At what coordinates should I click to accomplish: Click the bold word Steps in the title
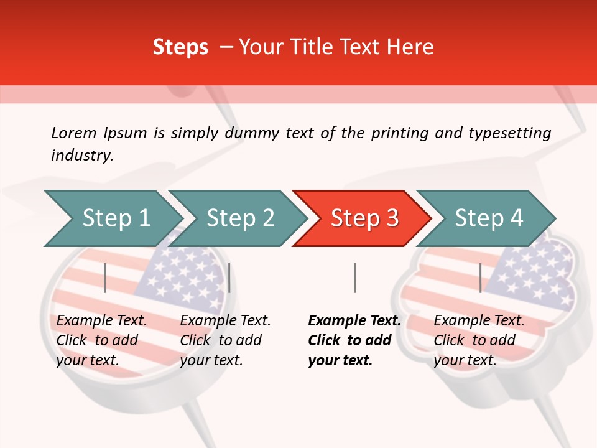pos(180,47)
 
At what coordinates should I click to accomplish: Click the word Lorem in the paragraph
pos(74,133)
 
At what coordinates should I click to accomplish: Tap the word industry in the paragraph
pos(81,155)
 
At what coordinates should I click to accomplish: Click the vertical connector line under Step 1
pos(105,278)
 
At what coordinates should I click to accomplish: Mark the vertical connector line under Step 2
pos(229,278)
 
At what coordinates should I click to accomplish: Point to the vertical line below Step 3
pos(354,278)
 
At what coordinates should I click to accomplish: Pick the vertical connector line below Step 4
pos(480,278)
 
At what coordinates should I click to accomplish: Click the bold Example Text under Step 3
pos(354,321)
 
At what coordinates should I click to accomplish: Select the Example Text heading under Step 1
pos(101,321)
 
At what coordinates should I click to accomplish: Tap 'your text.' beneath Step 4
pos(465,361)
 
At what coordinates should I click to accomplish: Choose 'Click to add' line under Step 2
pos(221,341)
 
